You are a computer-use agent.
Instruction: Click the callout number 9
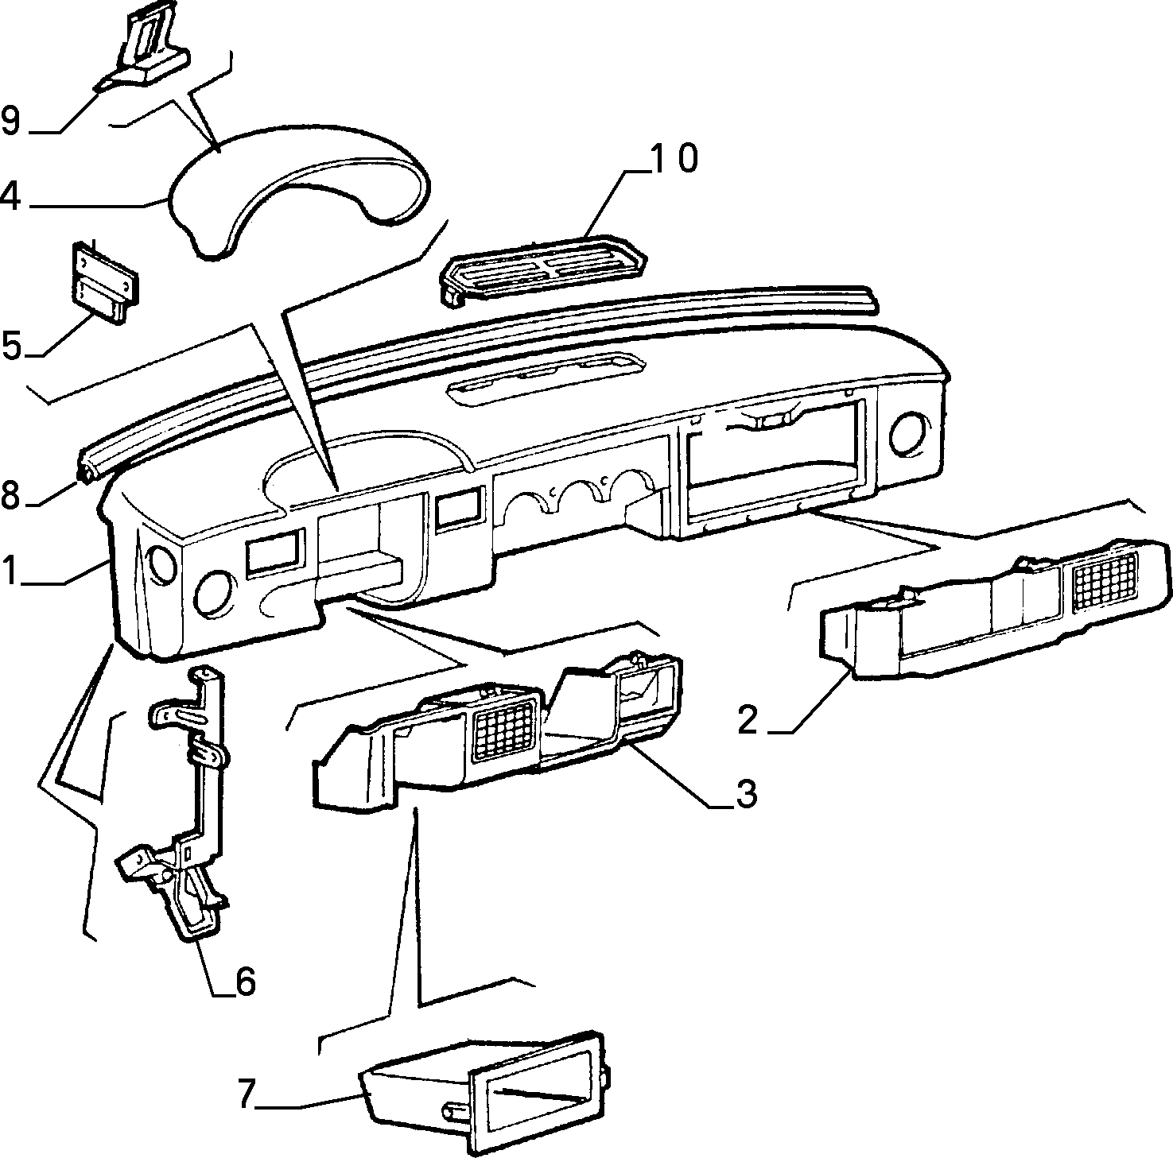pyautogui.click(x=11, y=121)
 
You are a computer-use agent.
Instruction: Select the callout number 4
pyautogui.click(x=10, y=196)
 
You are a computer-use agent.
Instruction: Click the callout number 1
pyautogui.click(x=10, y=571)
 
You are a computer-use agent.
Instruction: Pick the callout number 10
pyautogui.click(x=674, y=158)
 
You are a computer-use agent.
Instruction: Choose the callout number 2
pyautogui.click(x=748, y=720)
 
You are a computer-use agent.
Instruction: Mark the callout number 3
pyautogui.click(x=746, y=794)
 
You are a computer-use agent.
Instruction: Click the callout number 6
pyautogui.click(x=246, y=982)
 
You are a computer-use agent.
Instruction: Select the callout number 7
pyautogui.click(x=247, y=1094)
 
